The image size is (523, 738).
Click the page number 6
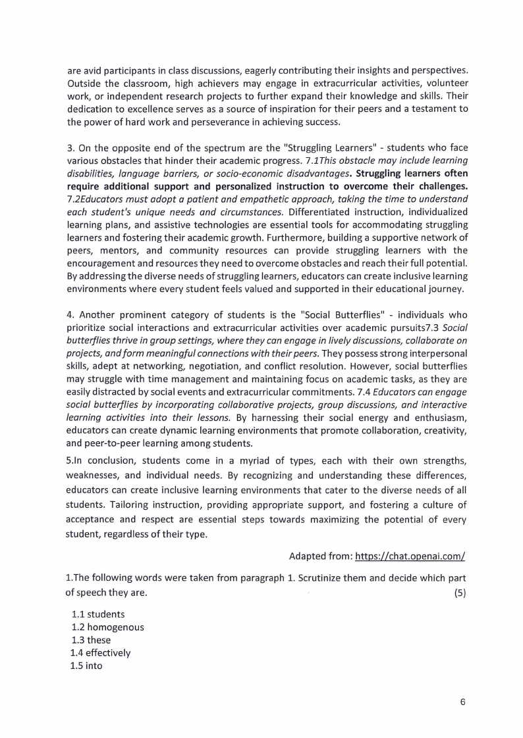pos(462,702)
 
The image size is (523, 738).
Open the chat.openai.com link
pos(410,556)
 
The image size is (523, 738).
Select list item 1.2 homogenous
pos(108,627)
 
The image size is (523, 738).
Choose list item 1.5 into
pos(86,666)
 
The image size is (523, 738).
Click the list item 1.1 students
pos(98,614)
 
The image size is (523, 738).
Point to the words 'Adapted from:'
pos(319,556)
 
